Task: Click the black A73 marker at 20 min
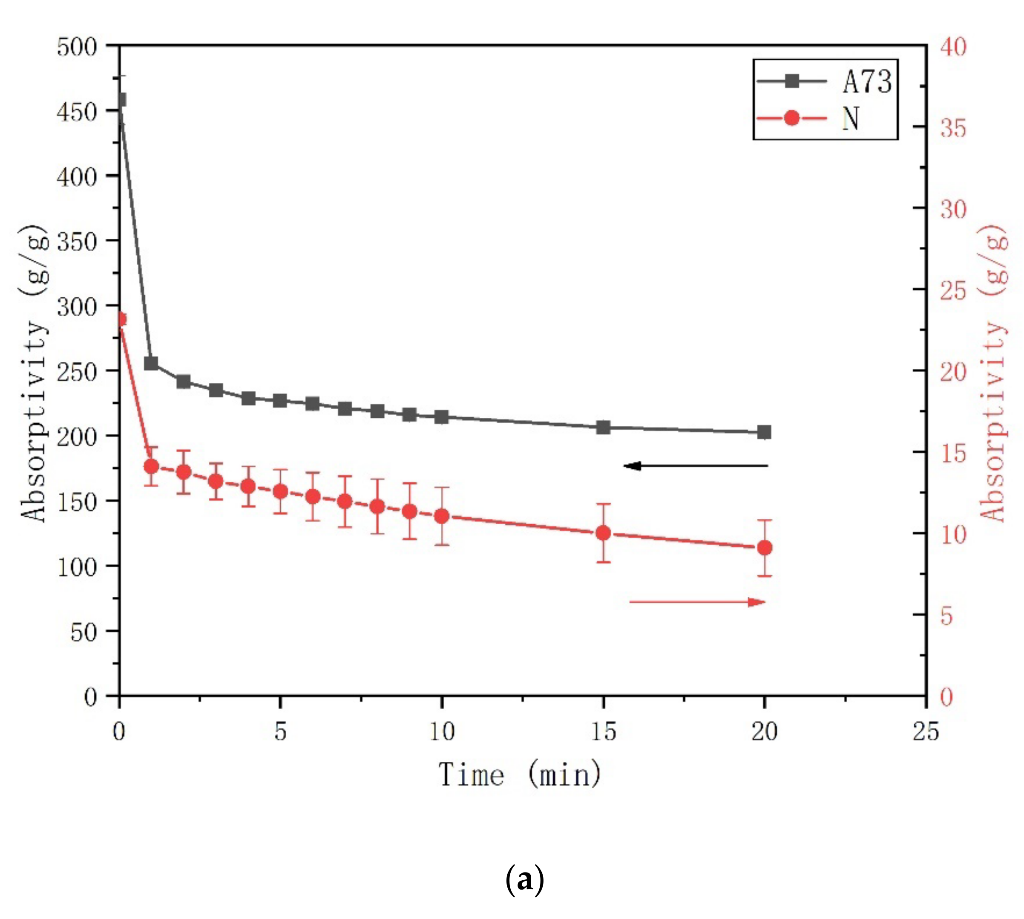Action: tap(764, 432)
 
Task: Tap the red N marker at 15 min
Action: tap(603, 533)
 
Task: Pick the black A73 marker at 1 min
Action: tap(151, 364)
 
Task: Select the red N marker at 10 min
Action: tap(442, 516)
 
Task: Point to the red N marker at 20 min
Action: tap(765, 548)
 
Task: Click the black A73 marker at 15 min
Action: tap(603, 427)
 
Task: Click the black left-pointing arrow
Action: tap(696, 466)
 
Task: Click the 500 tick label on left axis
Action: tap(77, 47)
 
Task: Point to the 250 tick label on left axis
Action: tap(77, 372)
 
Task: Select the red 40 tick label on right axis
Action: tap(953, 47)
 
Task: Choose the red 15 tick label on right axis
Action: tap(953, 453)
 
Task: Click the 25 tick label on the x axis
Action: tap(926, 731)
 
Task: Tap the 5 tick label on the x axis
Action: tap(281, 731)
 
